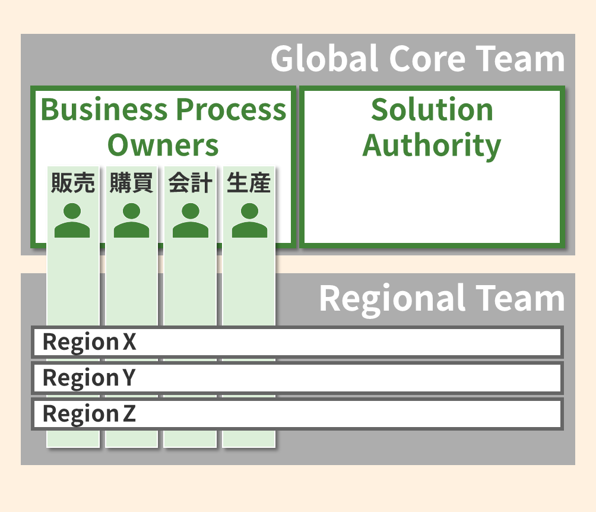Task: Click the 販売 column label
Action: pyautogui.click(x=72, y=183)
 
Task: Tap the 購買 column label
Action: pyautogui.click(x=131, y=183)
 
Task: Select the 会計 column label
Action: pyautogui.click(x=190, y=183)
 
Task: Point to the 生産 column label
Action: pyautogui.click(x=249, y=183)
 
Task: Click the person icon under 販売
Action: pyautogui.click(x=72, y=220)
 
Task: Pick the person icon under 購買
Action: pyautogui.click(x=131, y=220)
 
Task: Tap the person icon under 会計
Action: pyautogui.click(x=190, y=220)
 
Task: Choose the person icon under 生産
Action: pyautogui.click(x=249, y=220)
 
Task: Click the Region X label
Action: pyautogui.click(x=90, y=342)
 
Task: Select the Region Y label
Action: pyautogui.click(x=89, y=378)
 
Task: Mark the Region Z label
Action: pyautogui.click(x=89, y=413)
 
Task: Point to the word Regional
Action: pyautogui.click(x=392, y=298)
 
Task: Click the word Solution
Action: pyautogui.click(x=432, y=110)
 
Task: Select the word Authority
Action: pyautogui.click(x=432, y=146)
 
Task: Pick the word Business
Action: pyautogui.click(x=104, y=110)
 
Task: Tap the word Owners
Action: pyautogui.click(x=163, y=146)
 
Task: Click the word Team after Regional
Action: pyautogui.click(x=520, y=298)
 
